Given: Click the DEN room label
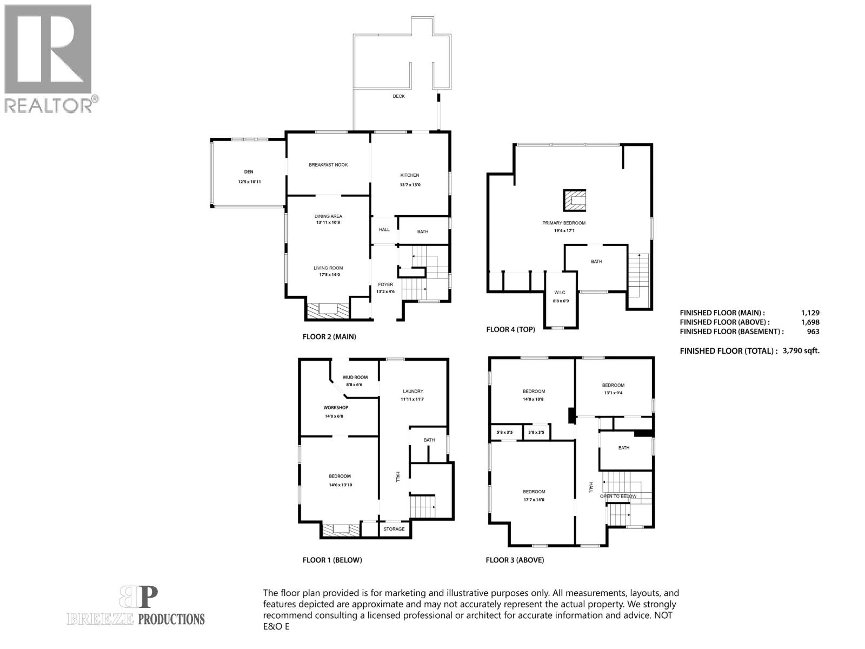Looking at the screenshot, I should click(249, 172).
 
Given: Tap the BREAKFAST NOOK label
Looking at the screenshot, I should click(328, 165).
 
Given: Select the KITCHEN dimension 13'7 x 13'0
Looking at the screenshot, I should click(409, 185).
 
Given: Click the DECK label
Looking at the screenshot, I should click(398, 96).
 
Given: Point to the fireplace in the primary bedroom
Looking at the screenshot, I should click(575, 200).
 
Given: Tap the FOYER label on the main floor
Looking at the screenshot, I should click(385, 284).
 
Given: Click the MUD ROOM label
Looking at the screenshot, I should click(355, 378).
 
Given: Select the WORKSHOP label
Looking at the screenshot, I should click(336, 408).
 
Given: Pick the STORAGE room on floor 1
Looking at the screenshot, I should click(394, 529).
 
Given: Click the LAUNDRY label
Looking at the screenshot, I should click(413, 392).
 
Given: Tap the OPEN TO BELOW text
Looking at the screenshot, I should click(618, 496).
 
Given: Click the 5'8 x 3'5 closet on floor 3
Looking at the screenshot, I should click(504, 432).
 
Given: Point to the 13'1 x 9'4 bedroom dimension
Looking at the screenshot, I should click(613, 393).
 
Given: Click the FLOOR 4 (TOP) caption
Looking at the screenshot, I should click(510, 329).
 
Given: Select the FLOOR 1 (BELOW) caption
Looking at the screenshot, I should click(332, 560).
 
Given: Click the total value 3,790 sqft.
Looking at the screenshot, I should click(801, 350).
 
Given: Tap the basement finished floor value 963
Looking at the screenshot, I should click(813, 332).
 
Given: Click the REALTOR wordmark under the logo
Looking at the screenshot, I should click(49, 105).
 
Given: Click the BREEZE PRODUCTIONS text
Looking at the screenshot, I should click(136, 619).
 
